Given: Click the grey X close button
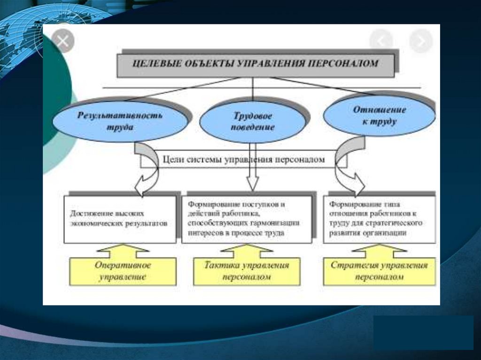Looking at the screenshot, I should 62,41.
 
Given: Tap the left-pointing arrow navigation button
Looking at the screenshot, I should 381,41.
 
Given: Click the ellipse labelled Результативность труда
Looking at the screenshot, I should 120,121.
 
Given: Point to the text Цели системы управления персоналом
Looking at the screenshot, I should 244,160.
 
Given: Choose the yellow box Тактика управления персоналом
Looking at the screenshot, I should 247,271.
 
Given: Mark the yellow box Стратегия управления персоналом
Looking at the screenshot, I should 379,271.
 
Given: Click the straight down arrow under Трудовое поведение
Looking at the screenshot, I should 253,178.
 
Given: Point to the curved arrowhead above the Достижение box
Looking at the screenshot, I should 143,186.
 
